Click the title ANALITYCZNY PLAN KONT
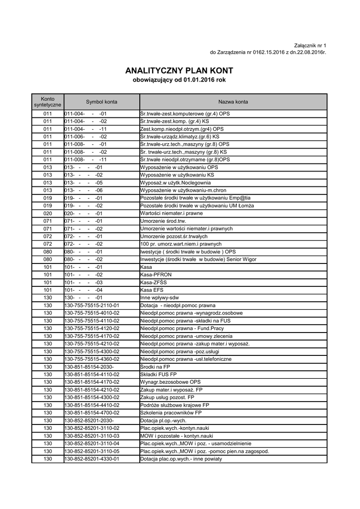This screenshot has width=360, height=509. [x=180, y=71]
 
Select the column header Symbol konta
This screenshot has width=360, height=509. [x=101, y=102]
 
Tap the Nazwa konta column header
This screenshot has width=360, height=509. [x=233, y=102]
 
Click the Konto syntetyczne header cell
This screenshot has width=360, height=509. [x=48, y=102]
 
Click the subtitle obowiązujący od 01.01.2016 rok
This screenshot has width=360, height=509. [x=180, y=81]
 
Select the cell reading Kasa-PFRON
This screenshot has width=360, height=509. [x=156, y=275]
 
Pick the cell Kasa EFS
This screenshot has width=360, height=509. [x=152, y=290]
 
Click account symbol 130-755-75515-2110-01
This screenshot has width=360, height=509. [x=92, y=305]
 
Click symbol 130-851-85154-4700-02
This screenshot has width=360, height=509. [x=92, y=413]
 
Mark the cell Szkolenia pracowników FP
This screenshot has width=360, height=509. [x=171, y=413]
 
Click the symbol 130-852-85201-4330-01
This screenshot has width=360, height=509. [x=92, y=459]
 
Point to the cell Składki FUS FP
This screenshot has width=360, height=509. [x=158, y=374]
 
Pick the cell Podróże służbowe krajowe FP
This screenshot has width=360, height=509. [x=175, y=405]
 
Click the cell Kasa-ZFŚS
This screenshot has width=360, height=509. [x=153, y=282]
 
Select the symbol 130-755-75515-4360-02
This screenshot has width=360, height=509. [x=92, y=359]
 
